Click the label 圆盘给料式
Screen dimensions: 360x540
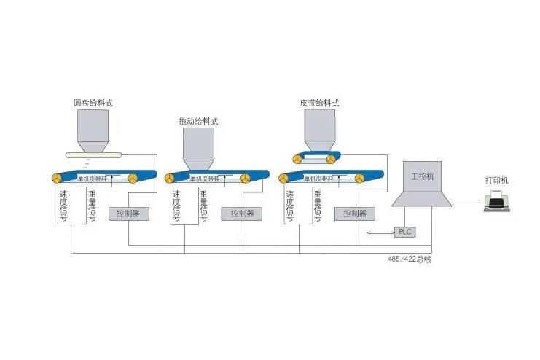(93, 103)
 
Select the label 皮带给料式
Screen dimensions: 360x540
(319, 103)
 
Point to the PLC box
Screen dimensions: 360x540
(405, 232)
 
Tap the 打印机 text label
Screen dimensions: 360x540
(497, 180)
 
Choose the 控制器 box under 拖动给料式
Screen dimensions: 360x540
(242, 214)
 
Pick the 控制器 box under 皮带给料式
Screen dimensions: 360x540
(354, 214)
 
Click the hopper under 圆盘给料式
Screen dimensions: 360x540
(93, 131)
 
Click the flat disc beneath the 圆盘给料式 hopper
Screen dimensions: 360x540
(92, 154)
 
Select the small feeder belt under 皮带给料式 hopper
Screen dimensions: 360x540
(313, 158)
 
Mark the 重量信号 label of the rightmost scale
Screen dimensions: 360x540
(318, 206)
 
